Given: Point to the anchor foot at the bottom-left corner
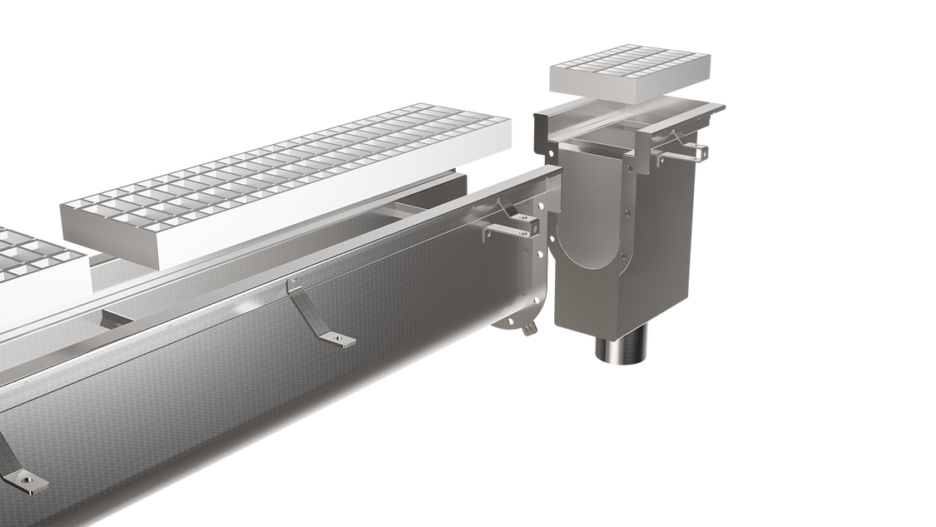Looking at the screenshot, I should coord(20,478).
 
